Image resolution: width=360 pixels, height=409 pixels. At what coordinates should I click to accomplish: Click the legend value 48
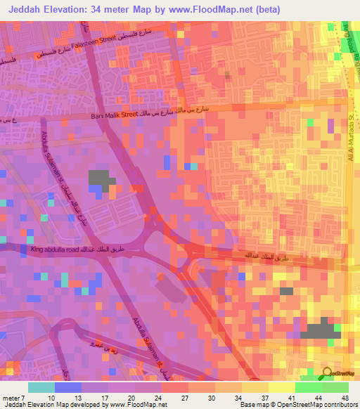point(345,396)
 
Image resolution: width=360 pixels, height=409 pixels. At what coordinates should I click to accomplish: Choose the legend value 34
point(239,396)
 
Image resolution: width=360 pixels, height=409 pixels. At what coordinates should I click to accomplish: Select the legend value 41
point(292,396)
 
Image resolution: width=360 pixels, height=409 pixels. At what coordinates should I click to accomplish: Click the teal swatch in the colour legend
point(41,387)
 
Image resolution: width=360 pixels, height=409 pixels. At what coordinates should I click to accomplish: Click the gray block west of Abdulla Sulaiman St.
point(101,179)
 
